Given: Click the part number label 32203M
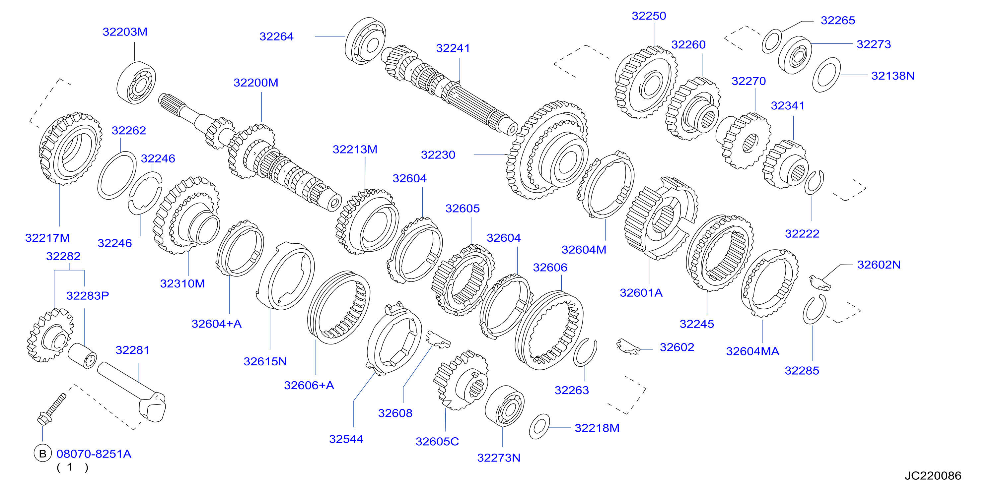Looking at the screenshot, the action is coord(125,32).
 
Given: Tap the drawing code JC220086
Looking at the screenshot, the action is coord(933,476).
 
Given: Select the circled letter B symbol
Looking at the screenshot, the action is coord(43,453).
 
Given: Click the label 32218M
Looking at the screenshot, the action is coord(597,428).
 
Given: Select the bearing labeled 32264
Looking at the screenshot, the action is coord(365,40).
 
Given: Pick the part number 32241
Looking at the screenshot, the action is coord(453,48).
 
